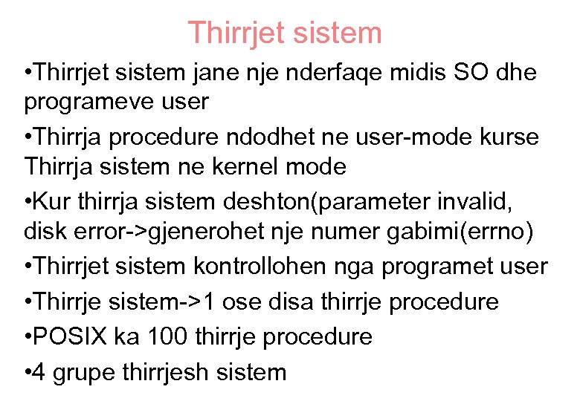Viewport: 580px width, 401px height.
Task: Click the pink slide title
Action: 285,33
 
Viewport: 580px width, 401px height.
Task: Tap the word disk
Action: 47,232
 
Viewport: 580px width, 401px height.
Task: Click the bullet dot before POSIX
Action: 29,336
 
